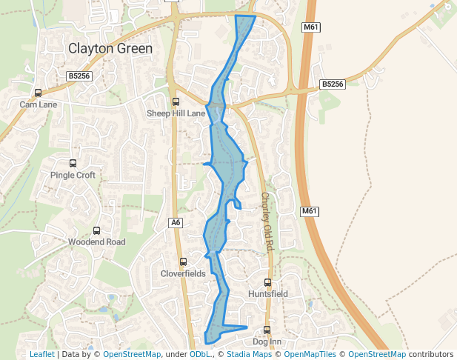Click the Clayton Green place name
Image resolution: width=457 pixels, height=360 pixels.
pos(110,49)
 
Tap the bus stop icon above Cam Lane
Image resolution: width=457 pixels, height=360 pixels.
pos(38,93)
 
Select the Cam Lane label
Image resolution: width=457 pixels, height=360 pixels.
pos(38,104)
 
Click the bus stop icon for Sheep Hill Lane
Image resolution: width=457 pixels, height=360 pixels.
pos(176,102)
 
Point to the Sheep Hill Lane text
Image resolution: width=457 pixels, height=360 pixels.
pos(176,113)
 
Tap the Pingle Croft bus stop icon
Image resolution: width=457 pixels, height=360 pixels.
pos(73,163)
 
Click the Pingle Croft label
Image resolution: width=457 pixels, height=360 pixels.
pos(73,176)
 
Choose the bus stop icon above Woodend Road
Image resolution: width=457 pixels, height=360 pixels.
pos(96,231)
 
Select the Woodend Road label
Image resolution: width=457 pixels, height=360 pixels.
pos(96,242)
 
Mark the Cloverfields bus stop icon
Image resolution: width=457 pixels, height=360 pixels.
pos(183,261)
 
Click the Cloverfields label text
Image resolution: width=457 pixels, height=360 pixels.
pos(183,273)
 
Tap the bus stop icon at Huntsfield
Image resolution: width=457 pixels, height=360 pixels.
pos(268,282)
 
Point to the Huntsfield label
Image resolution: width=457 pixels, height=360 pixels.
pos(268,294)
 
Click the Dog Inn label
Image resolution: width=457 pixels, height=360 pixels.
pos(267,341)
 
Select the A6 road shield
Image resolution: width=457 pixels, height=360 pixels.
pos(176,222)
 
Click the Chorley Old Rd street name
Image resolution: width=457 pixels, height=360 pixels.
pos(267,221)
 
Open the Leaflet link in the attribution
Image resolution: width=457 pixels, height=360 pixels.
pos(41,355)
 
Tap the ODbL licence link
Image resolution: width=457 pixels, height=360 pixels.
pos(199,355)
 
